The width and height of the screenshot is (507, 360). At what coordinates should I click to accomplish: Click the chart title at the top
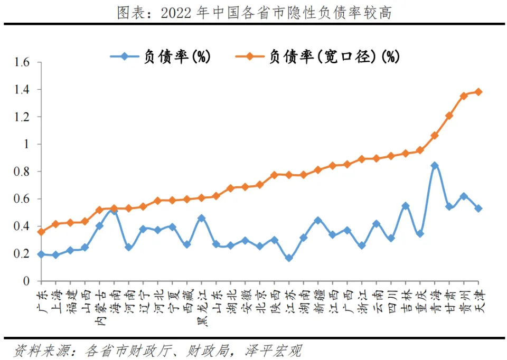click(x=254, y=12)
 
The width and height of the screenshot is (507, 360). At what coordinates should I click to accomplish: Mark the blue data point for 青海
click(x=435, y=165)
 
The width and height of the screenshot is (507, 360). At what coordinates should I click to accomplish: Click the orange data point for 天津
click(x=478, y=92)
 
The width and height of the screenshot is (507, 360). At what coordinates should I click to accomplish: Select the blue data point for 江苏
click(x=288, y=258)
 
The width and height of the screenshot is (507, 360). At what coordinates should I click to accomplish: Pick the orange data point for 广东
click(x=41, y=232)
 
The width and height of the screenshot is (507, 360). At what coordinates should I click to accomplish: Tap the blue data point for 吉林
click(x=406, y=206)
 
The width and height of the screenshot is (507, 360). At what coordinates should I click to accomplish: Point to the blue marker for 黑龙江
click(x=201, y=218)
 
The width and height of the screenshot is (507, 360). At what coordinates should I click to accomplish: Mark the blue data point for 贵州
click(x=464, y=196)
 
